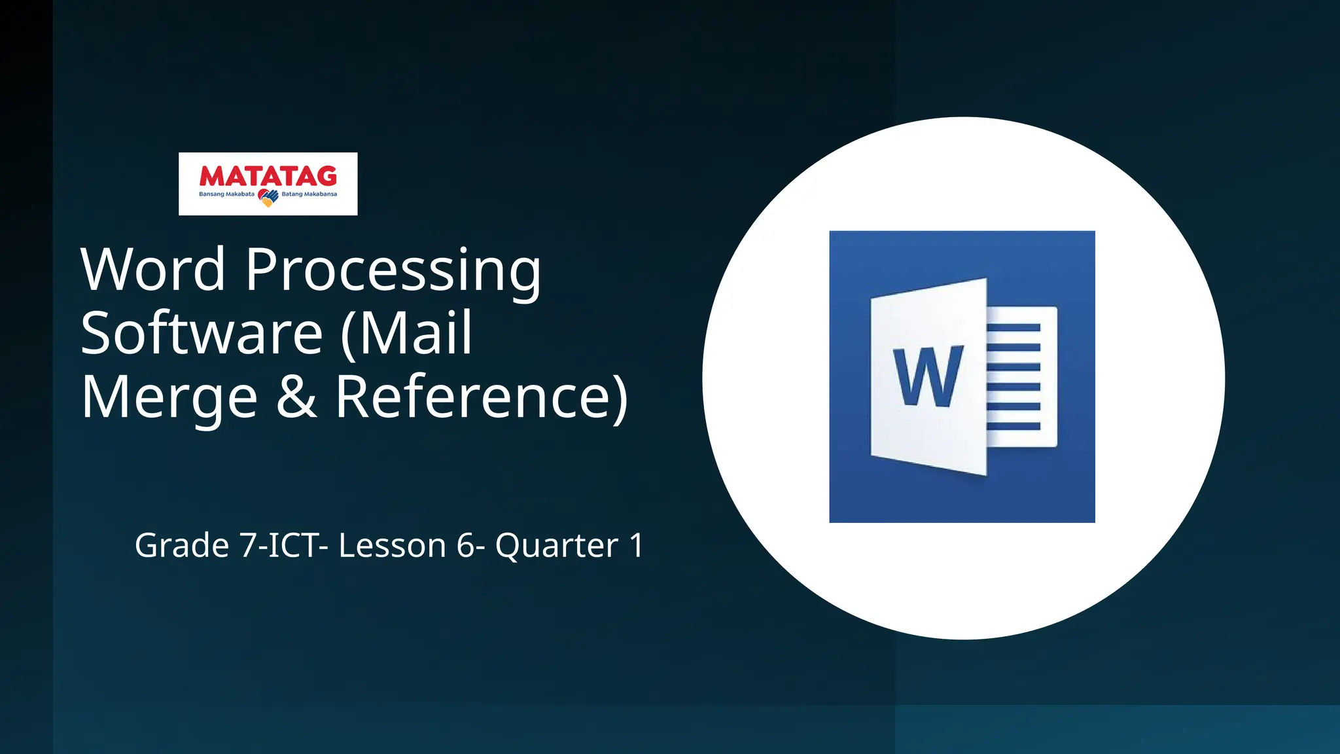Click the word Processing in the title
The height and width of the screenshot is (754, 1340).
pyautogui.click(x=393, y=270)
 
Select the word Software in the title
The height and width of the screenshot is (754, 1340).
pyautogui.click(x=202, y=333)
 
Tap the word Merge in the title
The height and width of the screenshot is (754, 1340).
pyautogui.click(x=169, y=397)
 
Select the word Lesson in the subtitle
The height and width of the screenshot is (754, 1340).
pyautogui.click(x=392, y=545)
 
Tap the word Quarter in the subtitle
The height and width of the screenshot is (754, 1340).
pyautogui.click(x=556, y=545)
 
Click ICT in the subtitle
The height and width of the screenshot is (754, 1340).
pyautogui.click(x=292, y=545)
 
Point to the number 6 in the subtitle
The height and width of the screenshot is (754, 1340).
pyautogui.click(x=465, y=545)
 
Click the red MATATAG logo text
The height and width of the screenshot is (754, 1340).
pyautogui.click(x=268, y=176)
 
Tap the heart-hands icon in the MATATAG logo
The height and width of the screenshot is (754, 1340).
pyautogui.click(x=268, y=197)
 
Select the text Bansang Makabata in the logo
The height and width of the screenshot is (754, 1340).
pyautogui.click(x=226, y=194)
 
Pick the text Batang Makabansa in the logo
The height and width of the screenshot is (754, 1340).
pyautogui.click(x=309, y=194)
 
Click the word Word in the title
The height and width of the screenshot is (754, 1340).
pyautogui.click(x=153, y=270)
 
